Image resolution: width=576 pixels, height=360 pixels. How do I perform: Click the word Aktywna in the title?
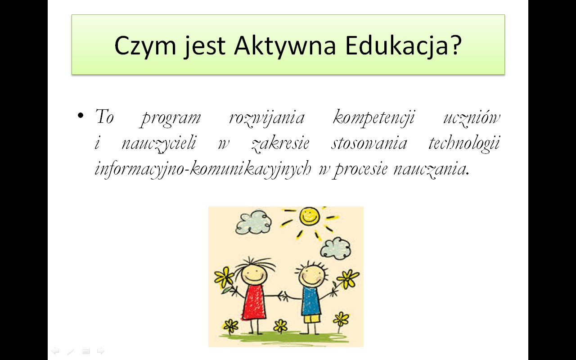(285, 46)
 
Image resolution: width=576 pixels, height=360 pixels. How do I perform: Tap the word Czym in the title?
(145, 46)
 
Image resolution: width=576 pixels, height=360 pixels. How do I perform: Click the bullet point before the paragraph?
(81, 116)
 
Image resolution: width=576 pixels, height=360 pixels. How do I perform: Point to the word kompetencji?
(374, 118)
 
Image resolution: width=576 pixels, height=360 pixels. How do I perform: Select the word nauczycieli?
(159, 143)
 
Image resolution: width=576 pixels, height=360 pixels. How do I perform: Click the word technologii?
(464, 143)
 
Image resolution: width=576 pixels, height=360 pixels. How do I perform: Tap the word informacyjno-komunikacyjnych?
(203, 169)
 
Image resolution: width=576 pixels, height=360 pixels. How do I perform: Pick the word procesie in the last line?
(360, 170)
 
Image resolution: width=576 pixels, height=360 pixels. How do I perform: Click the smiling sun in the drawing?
(309, 216)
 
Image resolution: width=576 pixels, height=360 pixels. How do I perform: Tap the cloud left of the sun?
(253, 222)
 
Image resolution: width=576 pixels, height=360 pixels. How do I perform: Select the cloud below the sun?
(336, 249)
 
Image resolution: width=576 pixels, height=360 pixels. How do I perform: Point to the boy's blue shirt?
(311, 301)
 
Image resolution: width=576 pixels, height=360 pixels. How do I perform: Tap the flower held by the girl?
(224, 277)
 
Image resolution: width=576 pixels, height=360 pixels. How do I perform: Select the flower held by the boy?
(348, 279)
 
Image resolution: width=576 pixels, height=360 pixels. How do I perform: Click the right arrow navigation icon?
(101, 351)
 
